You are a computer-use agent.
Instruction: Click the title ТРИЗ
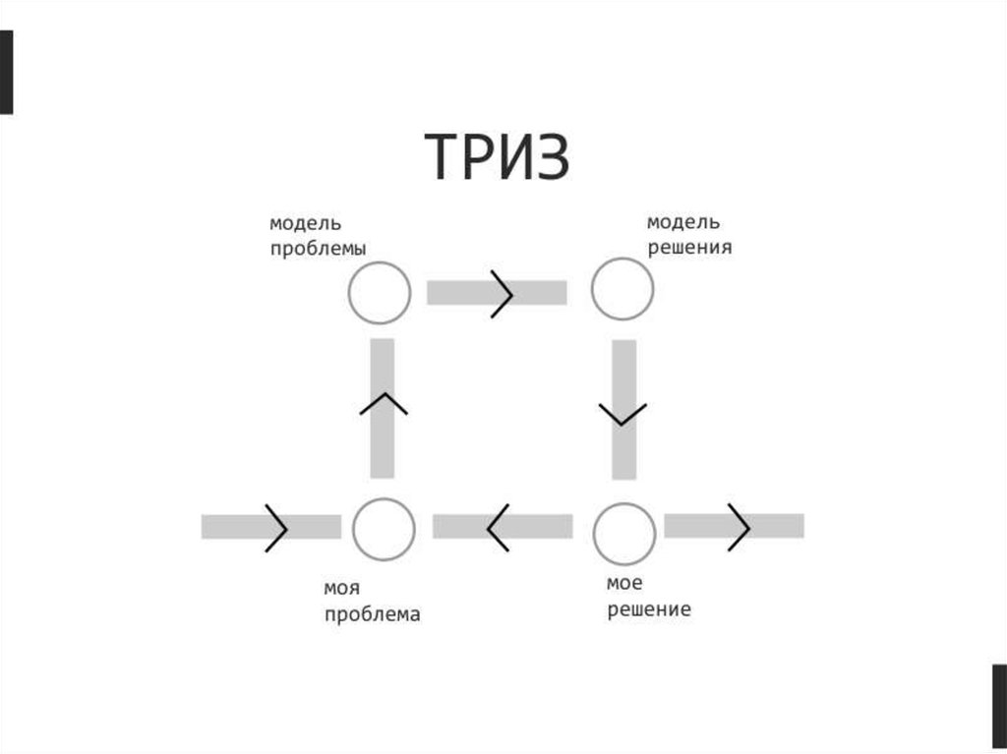click(x=498, y=158)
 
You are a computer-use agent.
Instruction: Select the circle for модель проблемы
click(x=380, y=293)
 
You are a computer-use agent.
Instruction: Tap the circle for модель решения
click(x=622, y=289)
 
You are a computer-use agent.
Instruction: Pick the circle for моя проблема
click(x=384, y=528)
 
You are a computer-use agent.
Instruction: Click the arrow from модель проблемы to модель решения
click(x=497, y=293)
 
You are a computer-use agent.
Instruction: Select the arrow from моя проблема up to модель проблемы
click(x=384, y=408)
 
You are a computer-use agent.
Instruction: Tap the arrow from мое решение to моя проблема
click(x=503, y=527)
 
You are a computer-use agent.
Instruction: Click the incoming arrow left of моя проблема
click(x=271, y=527)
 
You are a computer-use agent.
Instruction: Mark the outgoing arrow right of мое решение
click(x=735, y=526)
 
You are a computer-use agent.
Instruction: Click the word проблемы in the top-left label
click(x=319, y=250)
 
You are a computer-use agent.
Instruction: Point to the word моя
click(x=341, y=589)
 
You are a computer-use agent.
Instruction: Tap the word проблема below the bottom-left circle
click(x=372, y=615)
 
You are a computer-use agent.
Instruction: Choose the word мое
click(x=624, y=584)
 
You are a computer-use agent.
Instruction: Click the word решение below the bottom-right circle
click(x=648, y=610)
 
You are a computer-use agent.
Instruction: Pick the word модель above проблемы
click(x=306, y=224)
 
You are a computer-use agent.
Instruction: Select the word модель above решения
click(x=682, y=221)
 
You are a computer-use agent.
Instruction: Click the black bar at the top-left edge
click(x=6, y=72)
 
